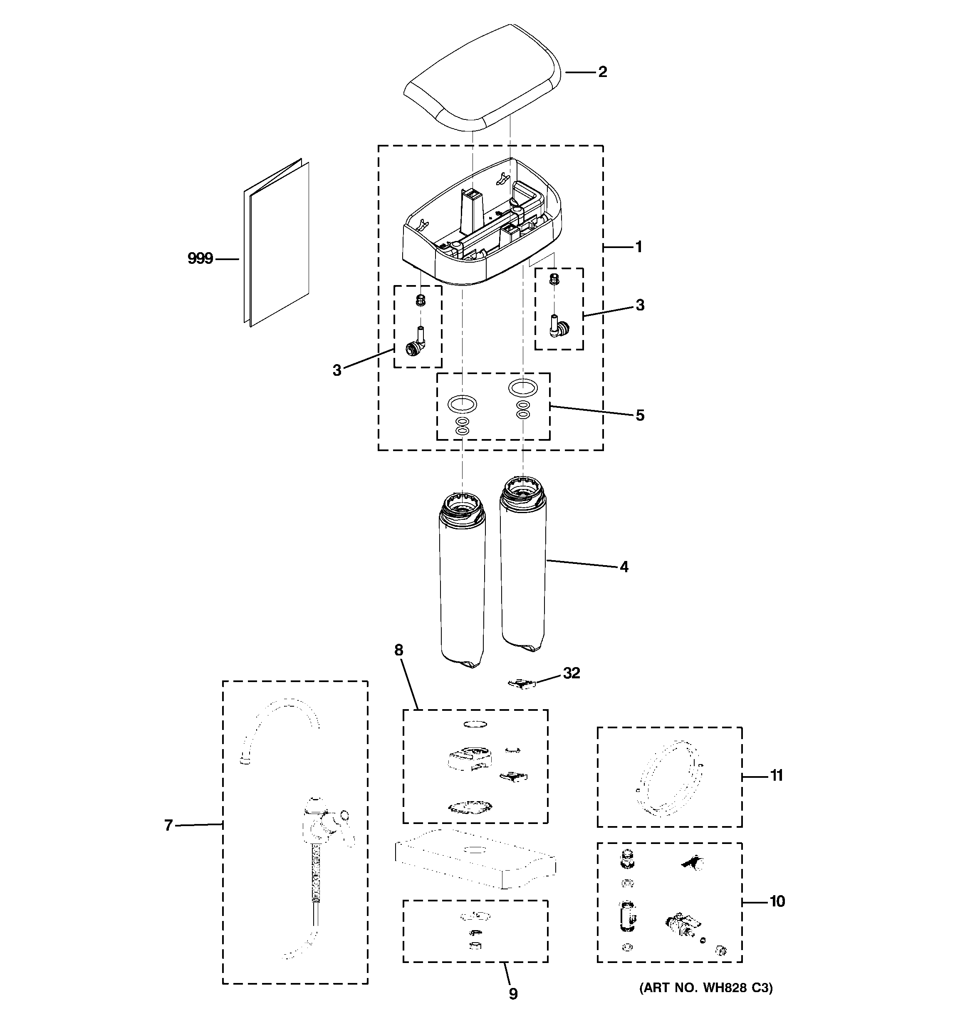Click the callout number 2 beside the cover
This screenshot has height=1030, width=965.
[602, 72]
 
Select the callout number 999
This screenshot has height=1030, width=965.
[200, 258]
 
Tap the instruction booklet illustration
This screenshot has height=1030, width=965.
[277, 243]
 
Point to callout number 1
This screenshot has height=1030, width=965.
[638, 247]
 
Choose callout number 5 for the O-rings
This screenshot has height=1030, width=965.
[640, 415]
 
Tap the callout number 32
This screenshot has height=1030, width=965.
[572, 673]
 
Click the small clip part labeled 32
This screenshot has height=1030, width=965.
[521, 685]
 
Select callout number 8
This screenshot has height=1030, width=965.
[398, 650]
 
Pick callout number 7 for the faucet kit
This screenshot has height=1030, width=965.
[168, 825]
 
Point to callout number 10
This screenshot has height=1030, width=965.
[777, 901]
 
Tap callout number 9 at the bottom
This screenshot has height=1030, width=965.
[513, 994]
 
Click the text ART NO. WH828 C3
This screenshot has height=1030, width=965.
[705, 988]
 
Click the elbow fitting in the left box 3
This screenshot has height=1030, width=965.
[416, 345]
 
